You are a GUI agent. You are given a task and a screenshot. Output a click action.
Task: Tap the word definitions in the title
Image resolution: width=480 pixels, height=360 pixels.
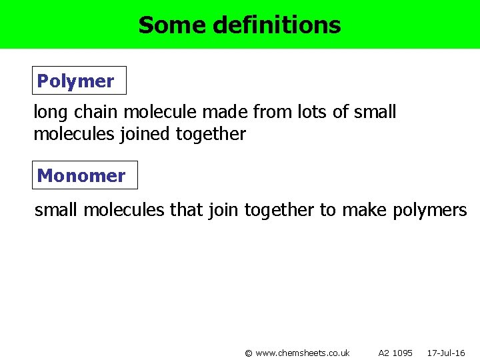click(x=277, y=25)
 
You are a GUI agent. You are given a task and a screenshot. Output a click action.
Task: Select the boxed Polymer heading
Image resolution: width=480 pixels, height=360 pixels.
click(x=75, y=81)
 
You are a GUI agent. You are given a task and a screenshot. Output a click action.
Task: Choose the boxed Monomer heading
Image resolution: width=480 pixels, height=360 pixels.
click(x=81, y=176)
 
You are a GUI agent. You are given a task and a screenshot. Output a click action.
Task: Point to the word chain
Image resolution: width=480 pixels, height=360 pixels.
click(x=94, y=112)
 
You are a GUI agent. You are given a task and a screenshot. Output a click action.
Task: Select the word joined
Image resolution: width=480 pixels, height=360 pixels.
click(x=147, y=134)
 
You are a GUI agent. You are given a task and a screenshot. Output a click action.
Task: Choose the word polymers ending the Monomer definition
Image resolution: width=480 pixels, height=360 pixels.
click(x=430, y=211)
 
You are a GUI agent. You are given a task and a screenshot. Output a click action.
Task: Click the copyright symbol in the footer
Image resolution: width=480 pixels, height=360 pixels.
click(x=249, y=353)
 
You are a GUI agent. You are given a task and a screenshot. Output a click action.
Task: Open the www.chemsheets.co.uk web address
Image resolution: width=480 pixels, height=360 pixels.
click(x=303, y=353)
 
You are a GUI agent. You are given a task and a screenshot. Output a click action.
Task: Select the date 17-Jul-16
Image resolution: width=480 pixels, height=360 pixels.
click(x=446, y=353)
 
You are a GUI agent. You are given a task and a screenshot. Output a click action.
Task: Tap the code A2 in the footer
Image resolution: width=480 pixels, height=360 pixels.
click(x=384, y=353)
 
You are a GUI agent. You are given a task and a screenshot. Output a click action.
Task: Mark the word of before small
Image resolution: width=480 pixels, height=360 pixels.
click(x=339, y=112)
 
